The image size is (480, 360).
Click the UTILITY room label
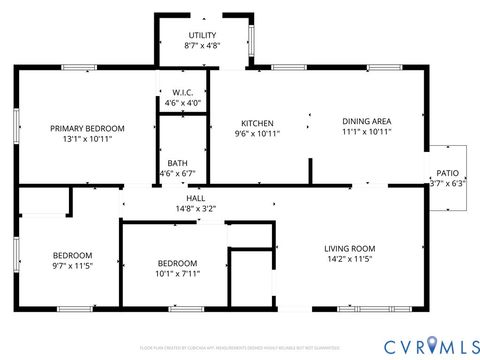pyautogui.click(x=202, y=36)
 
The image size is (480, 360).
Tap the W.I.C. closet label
pyautogui.click(x=182, y=92)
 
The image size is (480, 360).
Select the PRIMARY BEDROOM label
pyautogui.click(x=88, y=128)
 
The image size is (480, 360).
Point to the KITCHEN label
pyautogui.click(x=244, y=123)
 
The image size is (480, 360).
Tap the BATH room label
pyautogui.click(x=177, y=163)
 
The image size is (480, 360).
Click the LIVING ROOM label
pyautogui.click(x=349, y=248)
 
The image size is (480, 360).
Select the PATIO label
pyautogui.click(x=446, y=174)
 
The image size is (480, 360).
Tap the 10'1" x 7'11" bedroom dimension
pyautogui.click(x=178, y=273)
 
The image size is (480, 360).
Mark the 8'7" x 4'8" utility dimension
pyautogui.click(x=202, y=46)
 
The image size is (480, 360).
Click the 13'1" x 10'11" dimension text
pyautogui.click(x=88, y=139)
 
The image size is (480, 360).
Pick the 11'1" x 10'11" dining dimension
pyautogui.click(x=366, y=131)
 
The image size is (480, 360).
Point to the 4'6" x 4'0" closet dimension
pyautogui.click(x=182, y=102)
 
